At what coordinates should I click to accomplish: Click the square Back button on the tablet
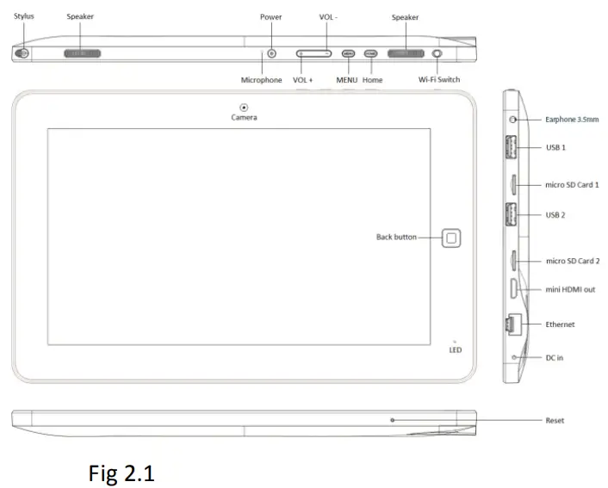point(452,238)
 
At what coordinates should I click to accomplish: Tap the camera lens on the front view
point(244,107)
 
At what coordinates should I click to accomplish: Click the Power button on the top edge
point(272,53)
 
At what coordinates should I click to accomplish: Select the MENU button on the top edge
point(348,53)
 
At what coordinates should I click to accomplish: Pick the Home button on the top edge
point(371,53)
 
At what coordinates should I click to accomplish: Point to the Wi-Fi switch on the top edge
point(438,53)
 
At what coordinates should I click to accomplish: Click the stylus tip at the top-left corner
point(22,53)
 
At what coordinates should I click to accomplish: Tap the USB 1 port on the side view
point(512,146)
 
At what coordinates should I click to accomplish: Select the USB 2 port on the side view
point(512,214)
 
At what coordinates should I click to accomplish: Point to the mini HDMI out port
point(512,289)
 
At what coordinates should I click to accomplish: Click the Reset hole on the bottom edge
point(392,420)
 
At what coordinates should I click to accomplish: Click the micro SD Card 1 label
point(572,184)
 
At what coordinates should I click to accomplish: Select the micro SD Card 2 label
point(572,261)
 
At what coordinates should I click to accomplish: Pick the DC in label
point(555,356)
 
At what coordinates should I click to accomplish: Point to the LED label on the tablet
point(455,349)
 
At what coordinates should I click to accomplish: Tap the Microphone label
point(261,80)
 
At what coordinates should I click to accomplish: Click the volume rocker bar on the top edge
point(313,53)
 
